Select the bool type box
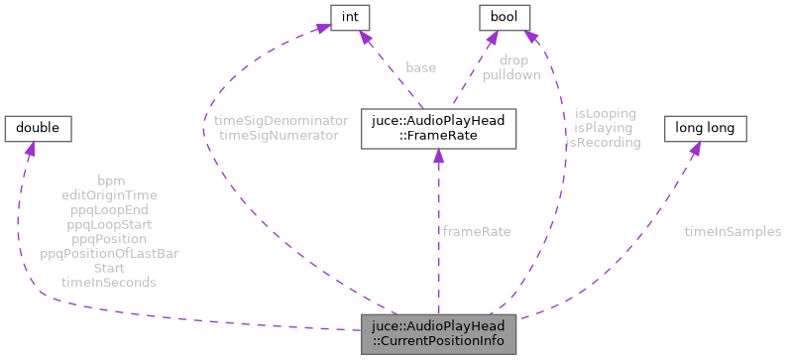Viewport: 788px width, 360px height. tap(505, 16)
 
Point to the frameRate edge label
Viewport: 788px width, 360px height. tap(477, 231)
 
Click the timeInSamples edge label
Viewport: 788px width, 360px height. tap(732, 231)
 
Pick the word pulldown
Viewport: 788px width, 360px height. tap(512, 74)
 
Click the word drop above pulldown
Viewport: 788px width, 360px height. tap(512, 60)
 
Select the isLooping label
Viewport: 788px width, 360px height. tap(605, 113)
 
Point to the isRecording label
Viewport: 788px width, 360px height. tap(603, 142)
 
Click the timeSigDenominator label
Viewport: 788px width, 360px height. tap(281, 120)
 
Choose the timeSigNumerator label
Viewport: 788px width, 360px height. tap(279, 134)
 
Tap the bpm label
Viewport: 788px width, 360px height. tap(109, 180)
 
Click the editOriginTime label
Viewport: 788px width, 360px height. tap(109, 195)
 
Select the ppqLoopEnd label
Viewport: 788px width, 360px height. tap(109, 210)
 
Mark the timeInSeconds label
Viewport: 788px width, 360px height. tap(109, 283)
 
